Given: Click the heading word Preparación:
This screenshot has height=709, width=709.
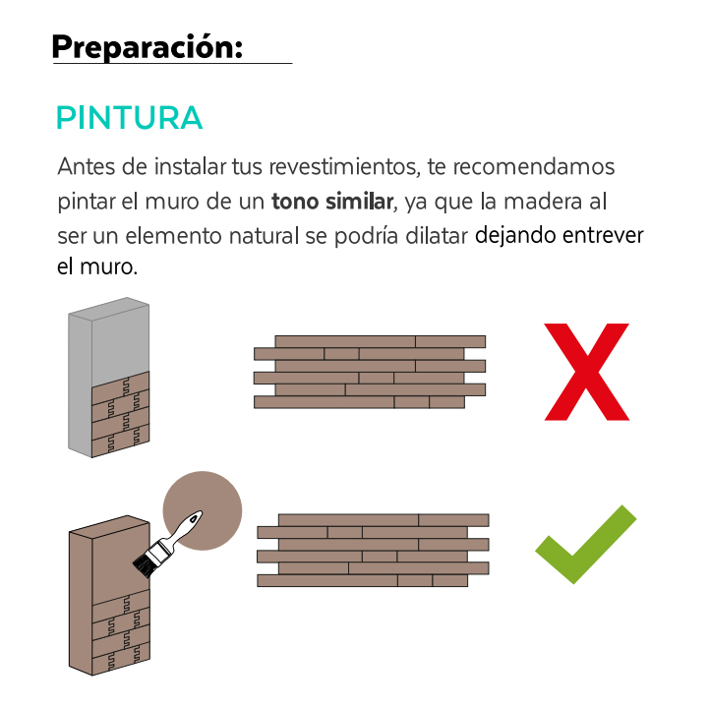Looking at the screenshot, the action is [x=148, y=47].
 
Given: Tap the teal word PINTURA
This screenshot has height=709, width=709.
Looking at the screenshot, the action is [x=130, y=118].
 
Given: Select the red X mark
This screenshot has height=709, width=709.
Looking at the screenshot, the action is [x=586, y=372].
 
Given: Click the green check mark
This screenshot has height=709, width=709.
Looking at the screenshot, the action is [x=585, y=544].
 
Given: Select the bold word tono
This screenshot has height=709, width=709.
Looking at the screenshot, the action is [x=295, y=202].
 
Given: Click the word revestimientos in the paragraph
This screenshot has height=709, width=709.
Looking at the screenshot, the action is [x=344, y=166].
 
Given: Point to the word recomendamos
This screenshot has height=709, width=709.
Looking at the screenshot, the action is [x=534, y=166].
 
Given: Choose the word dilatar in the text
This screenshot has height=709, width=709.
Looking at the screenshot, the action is [x=437, y=236].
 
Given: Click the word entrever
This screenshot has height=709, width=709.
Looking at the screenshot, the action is [x=603, y=236].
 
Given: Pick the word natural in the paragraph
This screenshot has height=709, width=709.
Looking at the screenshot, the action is [x=265, y=236].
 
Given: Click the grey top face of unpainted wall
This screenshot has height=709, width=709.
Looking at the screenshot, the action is [x=109, y=309].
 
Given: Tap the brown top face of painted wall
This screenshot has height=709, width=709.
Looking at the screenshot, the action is [x=109, y=527].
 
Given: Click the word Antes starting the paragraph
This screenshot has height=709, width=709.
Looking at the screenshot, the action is [x=87, y=166].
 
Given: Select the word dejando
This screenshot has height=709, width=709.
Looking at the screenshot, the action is [x=515, y=236].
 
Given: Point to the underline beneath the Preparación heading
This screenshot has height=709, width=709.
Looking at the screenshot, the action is [x=173, y=63].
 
